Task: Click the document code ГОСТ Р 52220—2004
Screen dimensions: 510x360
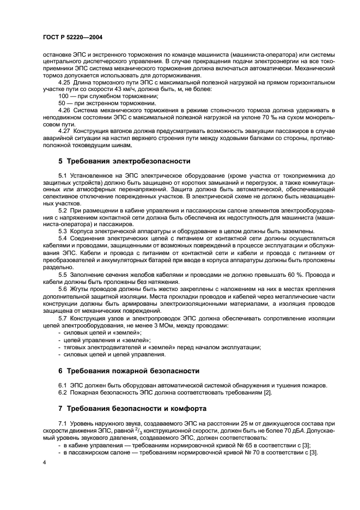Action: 73,37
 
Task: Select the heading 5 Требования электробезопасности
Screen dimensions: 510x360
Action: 124,161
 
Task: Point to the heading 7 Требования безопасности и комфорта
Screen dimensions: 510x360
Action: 132,408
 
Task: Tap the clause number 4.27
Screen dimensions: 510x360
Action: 64,131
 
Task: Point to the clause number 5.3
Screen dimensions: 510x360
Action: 62,231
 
